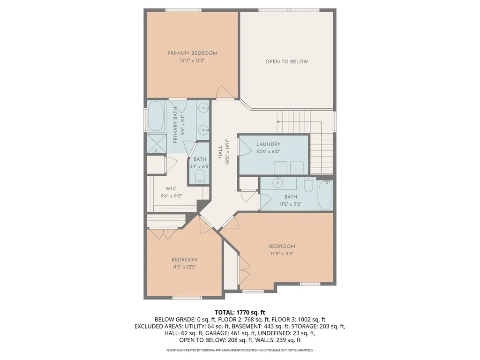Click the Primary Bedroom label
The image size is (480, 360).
[x=192, y=53]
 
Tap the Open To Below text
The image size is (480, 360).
[x=286, y=61]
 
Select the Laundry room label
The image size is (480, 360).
[x=269, y=144]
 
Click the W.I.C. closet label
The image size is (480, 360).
[x=172, y=188]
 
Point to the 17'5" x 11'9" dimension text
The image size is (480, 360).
[x=282, y=254]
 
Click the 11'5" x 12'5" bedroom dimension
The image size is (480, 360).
[x=184, y=267]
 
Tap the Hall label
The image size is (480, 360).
[x=220, y=152]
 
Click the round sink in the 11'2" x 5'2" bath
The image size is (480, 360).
[x=278, y=183]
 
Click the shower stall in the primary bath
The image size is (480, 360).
[x=157, y=143]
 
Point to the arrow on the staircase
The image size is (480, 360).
[x=300, y=122]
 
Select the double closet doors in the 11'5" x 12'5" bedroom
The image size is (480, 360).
[x=163, y=234]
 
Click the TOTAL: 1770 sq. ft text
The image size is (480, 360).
[x=240, y=313]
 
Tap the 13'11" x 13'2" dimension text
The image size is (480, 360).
[x=192, y=60]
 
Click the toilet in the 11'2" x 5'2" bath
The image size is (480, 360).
[x=308, y=185]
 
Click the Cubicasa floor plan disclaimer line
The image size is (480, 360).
[x=240, y=350]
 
